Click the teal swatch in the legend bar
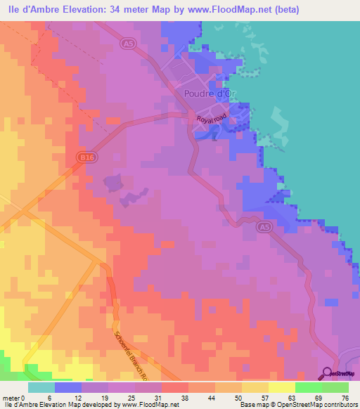coord(41,387)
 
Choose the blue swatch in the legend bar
coord(68,387)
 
